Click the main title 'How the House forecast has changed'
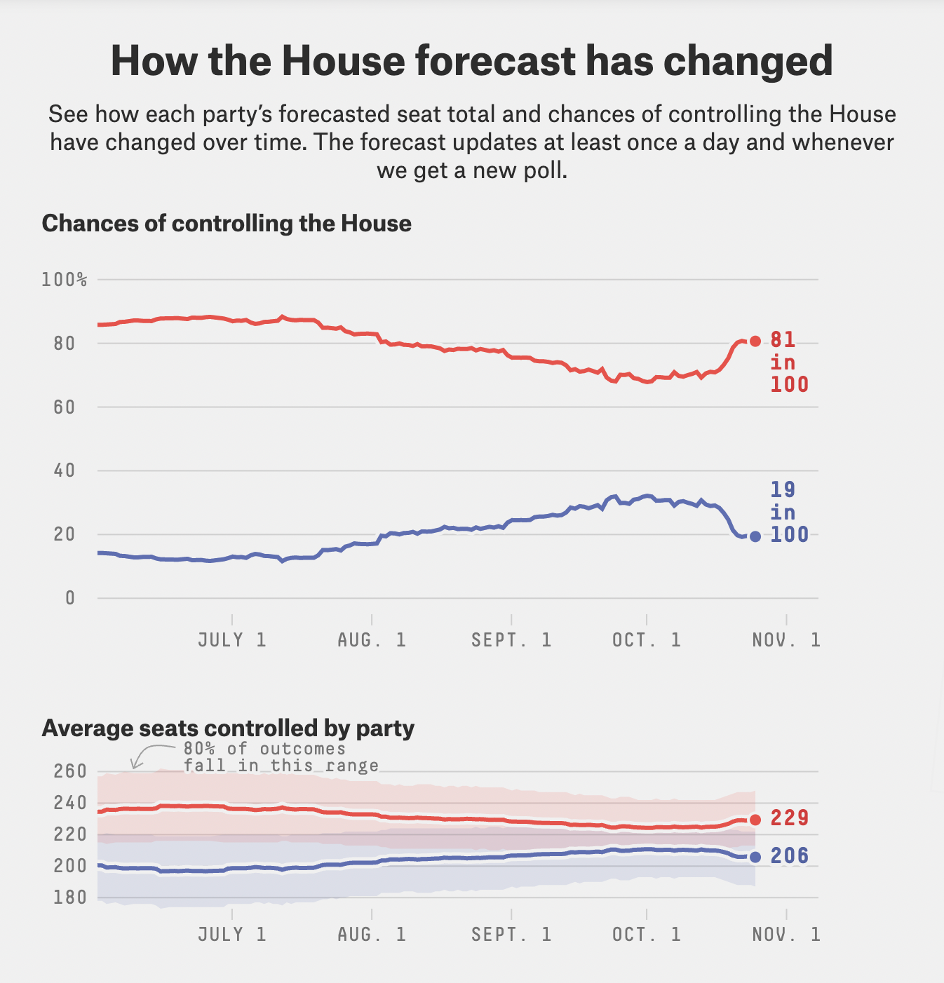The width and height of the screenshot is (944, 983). point(471,61)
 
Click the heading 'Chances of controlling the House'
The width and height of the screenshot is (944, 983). point(227,224)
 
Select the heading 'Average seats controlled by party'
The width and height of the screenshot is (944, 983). point(228,728)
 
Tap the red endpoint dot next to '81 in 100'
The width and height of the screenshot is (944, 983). point(755,341)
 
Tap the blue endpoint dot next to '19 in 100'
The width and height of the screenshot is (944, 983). point(755,536)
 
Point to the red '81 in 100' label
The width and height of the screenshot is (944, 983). point(788,362)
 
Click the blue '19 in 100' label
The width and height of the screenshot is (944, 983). point(788,513)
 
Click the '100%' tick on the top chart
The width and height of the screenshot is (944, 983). point(64,280)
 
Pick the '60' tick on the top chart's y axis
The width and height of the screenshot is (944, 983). point(64,407)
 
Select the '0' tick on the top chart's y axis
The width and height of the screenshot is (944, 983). point(69,598)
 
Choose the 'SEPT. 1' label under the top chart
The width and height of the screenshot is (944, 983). point(511,640)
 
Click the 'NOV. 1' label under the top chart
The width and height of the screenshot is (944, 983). point(786,640)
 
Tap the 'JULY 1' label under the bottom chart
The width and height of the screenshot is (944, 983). point(232,935)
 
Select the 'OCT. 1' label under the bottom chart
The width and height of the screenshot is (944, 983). point(647,935)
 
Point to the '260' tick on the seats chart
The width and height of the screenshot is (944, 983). point(69,772)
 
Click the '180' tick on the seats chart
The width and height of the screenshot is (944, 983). point(69,897)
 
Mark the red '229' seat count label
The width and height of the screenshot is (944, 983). point(790,818)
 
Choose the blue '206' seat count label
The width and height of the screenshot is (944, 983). point(790,856)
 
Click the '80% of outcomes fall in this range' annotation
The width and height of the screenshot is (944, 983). point(281,757)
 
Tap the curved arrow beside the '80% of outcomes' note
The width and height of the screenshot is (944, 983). point(144,754)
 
